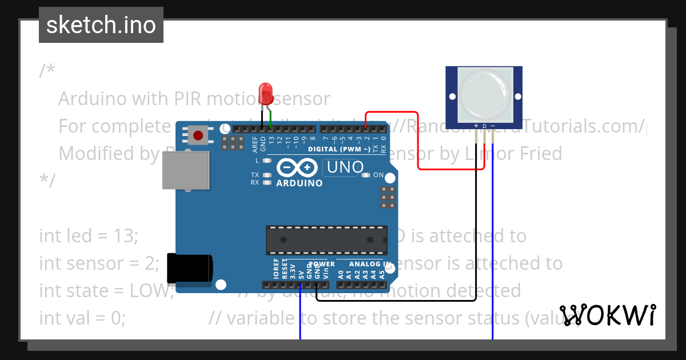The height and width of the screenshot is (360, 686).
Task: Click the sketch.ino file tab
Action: coord(101,25)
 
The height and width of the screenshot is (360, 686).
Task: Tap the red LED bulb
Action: coord(265,92)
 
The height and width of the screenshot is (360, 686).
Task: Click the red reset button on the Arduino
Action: coord(198,136)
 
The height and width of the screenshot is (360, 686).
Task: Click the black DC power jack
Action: coord(189,267)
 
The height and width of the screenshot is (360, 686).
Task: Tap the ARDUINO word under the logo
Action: coord(299,183)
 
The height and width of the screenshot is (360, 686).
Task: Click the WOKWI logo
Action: coord(607,315)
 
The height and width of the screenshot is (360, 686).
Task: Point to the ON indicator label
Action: coord(378,175)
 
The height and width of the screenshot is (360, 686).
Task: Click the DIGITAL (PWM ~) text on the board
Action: coord(339,150)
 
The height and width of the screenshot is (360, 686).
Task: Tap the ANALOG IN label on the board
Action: coord(370,265)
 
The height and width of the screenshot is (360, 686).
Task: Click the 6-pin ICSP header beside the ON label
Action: coord(388,197)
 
